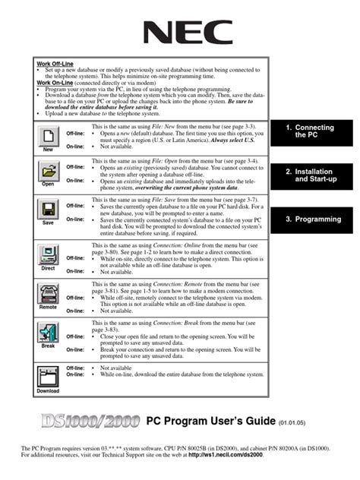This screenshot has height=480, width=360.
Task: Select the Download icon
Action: (x=48, y=377)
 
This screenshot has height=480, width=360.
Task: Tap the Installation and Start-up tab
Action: (x=314, y=175)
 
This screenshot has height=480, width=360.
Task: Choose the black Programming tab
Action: (x=314, y=219)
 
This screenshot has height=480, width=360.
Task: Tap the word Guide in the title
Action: (x=257, y=420)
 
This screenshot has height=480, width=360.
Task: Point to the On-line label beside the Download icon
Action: (x=75, y=374)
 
